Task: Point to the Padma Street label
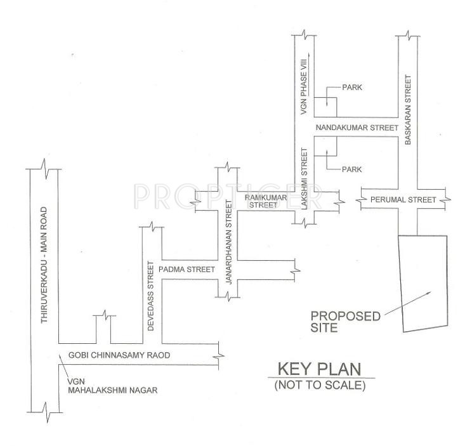(x=188, y=269)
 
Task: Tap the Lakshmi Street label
(x=304, y=183)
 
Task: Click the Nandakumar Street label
(x=360, y=127)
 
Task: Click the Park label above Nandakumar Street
(x=351, y=87)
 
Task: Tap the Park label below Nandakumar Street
(x=351, y=169)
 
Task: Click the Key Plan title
(x=319, y=370)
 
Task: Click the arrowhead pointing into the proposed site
(x=430, y=292)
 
